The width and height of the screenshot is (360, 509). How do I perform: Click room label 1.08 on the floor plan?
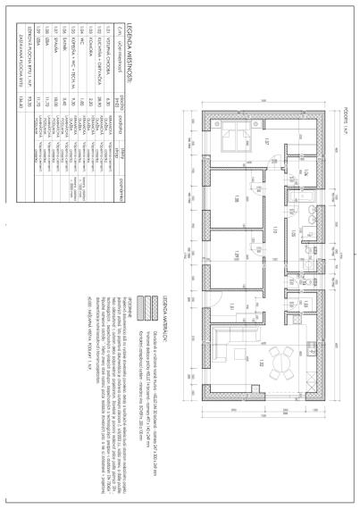click(x=230, y=198)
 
